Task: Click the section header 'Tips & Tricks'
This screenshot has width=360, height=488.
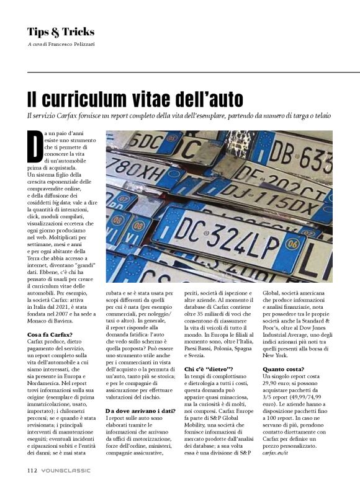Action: pyautogui.click(x=61, y=32)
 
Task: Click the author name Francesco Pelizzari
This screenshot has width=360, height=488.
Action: pyautogui.click(x=77, y=45)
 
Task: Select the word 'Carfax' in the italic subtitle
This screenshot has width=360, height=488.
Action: pyautogui.click(x=73, y=116)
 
